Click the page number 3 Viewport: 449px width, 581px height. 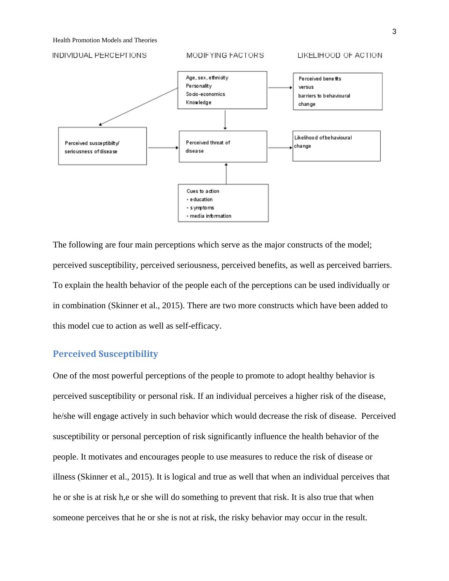[x=394, y=32]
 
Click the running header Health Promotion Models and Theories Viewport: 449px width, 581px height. [x=105, y=40]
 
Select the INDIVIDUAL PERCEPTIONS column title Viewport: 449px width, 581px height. [x=99, y=55]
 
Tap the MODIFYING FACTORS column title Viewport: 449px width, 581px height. [x=225, y=55]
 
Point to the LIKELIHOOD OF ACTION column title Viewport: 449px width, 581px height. [x=340, y=55]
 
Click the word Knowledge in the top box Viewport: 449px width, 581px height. [x=198, y=103]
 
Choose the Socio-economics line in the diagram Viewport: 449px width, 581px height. [x=205, y=94]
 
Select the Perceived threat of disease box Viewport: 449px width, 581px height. [x=223, y=146]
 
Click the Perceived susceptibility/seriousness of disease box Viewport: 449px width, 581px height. [x=102, y=146]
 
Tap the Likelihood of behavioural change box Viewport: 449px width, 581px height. [x=336, y=146]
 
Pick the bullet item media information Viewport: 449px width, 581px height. [x=210, y=216]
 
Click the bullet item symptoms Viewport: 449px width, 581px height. [x=202, y=208]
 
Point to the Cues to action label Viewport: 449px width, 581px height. [x=203, y=191]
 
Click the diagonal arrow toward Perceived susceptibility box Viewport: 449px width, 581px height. [x=138, y=106]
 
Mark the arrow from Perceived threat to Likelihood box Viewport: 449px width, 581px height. [x=280, y=148]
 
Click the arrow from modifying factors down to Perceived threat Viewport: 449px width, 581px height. [x=225, y=120]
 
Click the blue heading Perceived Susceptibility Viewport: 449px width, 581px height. [x=105, y=354]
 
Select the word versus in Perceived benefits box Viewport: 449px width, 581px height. [x=306, y=87]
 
